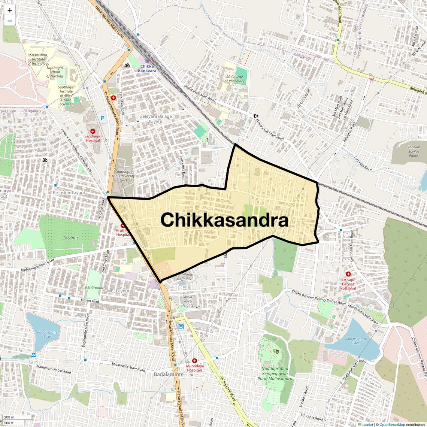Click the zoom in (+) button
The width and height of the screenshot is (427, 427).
click(10, 10)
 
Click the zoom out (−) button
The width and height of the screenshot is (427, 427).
click(10, 21)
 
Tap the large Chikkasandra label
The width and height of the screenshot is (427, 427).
click(224, 220)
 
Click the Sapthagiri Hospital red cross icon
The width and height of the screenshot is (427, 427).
click(93, 131)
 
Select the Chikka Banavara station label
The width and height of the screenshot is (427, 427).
click(147, 69)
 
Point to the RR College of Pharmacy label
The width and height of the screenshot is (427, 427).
click(234, 79)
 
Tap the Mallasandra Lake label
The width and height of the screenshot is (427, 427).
click(355, 340)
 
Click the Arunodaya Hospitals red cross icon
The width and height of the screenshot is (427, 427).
click(194, 361)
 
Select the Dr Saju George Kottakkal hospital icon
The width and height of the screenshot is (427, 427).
click(348, 274)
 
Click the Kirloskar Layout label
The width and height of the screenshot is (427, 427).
click(69, 193)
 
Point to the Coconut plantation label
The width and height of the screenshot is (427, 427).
click(70, 238)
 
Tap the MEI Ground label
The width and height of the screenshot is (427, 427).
click(94, 288)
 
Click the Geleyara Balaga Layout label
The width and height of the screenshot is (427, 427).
click(155, 119)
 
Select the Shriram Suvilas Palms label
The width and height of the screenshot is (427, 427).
click(414, 151)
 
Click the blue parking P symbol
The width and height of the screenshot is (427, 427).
click(103, 118)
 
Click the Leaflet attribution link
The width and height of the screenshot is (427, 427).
click(367, 424)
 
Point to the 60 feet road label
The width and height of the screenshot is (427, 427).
click(90, 301)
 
